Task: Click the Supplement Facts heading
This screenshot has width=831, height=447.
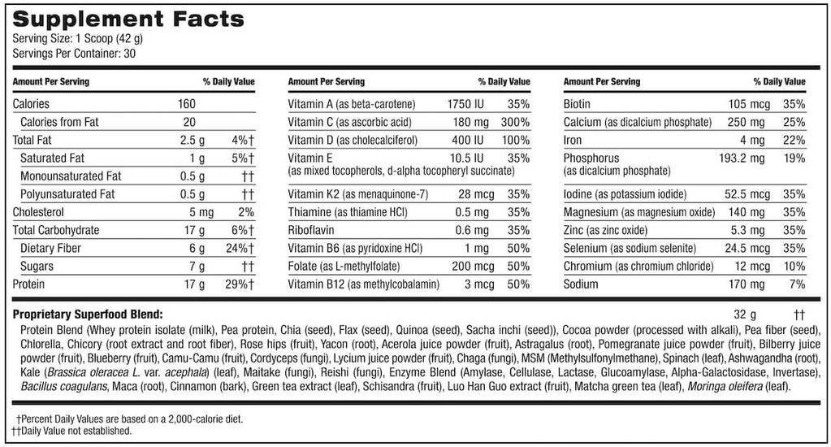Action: click(128, 19)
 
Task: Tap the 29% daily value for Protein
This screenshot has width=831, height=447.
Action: click(238, 284)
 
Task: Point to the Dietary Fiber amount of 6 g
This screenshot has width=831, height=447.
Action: click(194, 248)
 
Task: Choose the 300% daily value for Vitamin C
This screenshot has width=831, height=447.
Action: click(514, 122)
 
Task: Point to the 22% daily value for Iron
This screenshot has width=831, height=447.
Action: click(794, 140)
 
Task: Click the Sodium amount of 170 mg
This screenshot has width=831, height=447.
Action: click(746, 284)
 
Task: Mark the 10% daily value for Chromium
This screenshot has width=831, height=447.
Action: click(794, 267)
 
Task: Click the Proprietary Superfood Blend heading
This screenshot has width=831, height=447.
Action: click(88, 314)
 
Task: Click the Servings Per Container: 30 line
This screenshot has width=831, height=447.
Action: click(67, 54)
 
